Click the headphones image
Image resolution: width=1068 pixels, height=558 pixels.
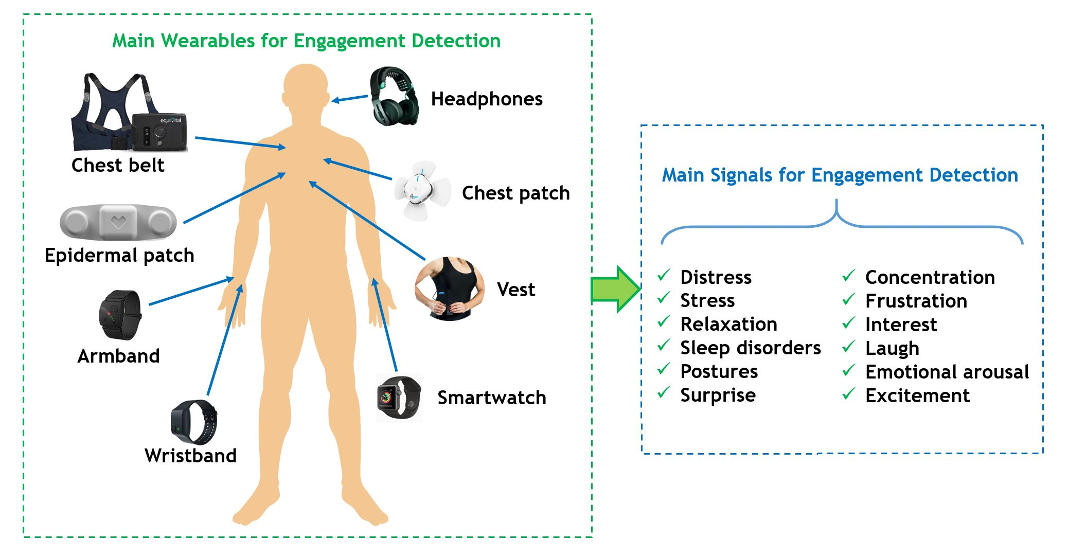(x=395, y=96)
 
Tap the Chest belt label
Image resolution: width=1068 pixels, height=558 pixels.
(x=118, y=165)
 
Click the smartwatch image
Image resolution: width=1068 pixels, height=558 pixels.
(x=399, y=398)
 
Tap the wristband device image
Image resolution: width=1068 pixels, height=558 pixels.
(x=194, y=422)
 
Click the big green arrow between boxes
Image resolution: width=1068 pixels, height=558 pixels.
(x=615, y=289)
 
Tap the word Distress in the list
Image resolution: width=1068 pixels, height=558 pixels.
(x=716, y=277)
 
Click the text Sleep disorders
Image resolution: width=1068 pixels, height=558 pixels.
(x=750, y=348)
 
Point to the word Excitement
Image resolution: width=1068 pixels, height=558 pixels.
(x=917, y=395)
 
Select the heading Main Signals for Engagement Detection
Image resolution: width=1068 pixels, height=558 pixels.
(x=840, y=175)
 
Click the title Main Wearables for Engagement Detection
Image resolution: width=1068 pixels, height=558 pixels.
(x=306, y=41)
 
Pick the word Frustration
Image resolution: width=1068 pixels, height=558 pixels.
(x=916, y=301)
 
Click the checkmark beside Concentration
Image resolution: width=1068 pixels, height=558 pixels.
(x=848, y=276)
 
